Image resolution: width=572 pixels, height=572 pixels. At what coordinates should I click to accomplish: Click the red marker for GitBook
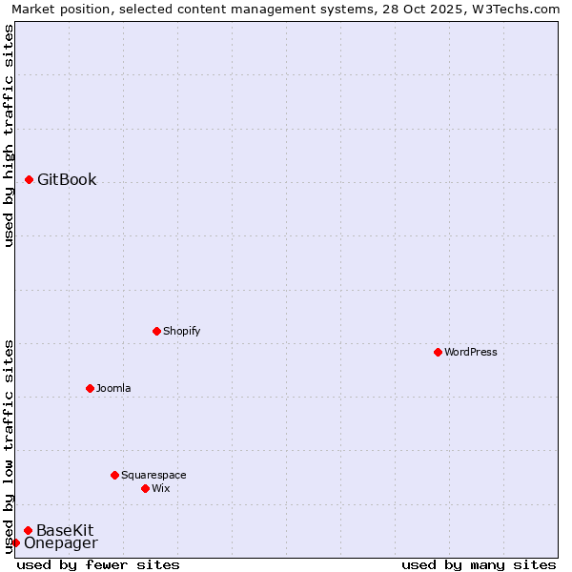30,179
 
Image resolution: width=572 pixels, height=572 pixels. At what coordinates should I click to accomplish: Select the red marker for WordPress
438,352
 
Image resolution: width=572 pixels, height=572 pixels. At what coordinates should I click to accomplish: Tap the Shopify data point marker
156,331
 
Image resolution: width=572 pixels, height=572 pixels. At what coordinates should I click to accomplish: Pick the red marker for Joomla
90,388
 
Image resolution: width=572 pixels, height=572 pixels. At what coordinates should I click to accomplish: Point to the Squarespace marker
114,475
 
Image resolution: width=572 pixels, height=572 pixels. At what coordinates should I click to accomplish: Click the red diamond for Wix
145,488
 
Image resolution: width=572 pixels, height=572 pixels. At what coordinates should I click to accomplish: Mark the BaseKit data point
29,530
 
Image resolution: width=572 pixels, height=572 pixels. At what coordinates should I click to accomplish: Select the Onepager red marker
15,543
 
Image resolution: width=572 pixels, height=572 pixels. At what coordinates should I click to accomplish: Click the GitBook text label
67,179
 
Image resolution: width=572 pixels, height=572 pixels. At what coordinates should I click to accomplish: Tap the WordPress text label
471,352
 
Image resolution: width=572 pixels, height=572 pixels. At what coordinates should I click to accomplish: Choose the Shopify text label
181,331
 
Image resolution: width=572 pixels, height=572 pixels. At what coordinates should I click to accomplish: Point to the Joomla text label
113,388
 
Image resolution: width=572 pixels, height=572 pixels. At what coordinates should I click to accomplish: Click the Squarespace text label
153,475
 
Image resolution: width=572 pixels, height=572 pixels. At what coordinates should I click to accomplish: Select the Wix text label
161,488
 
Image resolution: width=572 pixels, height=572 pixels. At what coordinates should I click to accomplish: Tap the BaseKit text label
65,530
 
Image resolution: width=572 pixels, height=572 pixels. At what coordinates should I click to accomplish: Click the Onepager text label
60,543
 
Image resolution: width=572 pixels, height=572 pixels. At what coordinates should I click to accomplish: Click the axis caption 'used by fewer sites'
98,564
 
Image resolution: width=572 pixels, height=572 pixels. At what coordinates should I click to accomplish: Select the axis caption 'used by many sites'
479,564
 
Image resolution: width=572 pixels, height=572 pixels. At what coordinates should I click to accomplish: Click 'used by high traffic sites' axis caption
9,135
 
